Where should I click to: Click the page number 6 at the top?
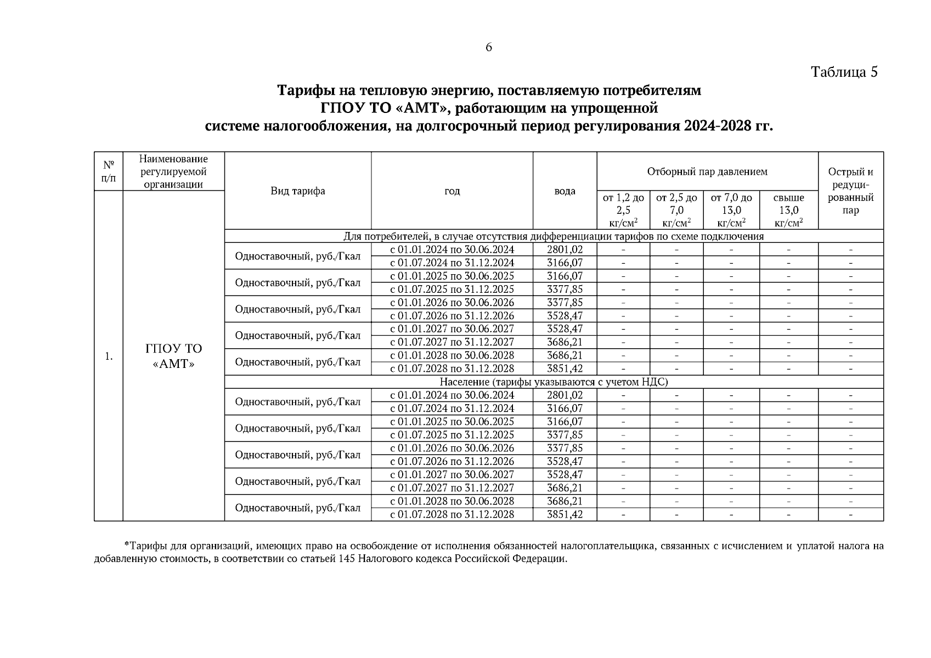pyautogui.click(x=488, y=48)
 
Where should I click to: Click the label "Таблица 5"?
pyautogui.click(x=844, y=72)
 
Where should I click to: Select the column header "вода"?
pyautogui.click(x=565, y=191)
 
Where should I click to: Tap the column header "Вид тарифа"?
pyautogui.click(x=297, y=191)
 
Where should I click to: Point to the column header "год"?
pyautogui.click(x=452, y=191)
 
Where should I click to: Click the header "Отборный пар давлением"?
pyautogui.click(x=707, y=172)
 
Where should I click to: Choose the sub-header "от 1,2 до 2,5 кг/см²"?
pyautogui.click(x=623, y=210)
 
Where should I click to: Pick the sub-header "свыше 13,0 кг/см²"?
pyautogui.click(x=788, y=210)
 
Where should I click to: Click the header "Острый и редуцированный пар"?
pyautogui.click(x=850, y=191)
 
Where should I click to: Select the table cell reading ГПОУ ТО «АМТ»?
pyautogui.click(x=173, y=356)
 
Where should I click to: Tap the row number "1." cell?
pyautogui.click(x=109, y=356)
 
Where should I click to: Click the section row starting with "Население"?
pyautogui.click(x=554, y=382)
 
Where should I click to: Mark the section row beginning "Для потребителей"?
pyautogui.click(x=554, y=236)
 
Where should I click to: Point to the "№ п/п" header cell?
pyautogui.click(x=109, y=172)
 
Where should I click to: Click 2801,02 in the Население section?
pyautogui.click(x=565, y=395)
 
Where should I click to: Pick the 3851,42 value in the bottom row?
pyautogui.click(x=565, y=514)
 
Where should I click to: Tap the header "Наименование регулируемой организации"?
pyautogui.click(x=173, y=172)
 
